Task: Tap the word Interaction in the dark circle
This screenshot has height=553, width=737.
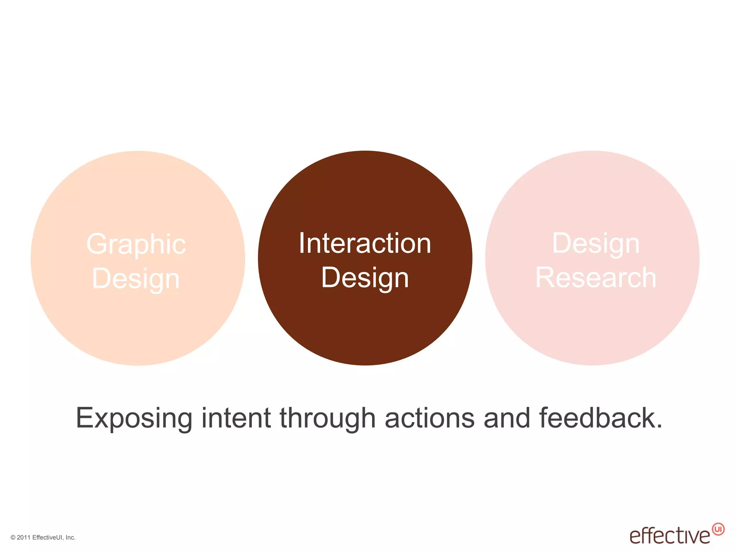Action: pyautogui.click(x=365, y=244)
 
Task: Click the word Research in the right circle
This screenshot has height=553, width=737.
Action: pyautogui.click(x=596, y=278)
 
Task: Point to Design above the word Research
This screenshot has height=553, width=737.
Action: pyautogui.click(x=596, y=244)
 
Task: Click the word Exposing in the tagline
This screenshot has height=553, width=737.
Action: pyautogui.click(x=134, y=418)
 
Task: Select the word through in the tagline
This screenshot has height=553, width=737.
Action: pyautogui.click(x=327, y=418)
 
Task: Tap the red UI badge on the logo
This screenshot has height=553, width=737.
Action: pyautogui.click(x=718, y=529)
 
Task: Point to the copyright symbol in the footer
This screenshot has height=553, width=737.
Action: pyautogui.click(x=13, y=538)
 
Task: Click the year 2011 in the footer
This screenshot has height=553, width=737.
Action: pyautogui.click(x=24, y=538)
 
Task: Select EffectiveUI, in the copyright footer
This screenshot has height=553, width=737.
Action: pyautogui.click(x=48, y=538)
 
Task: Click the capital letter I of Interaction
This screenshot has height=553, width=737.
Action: pyautogui.click(x=302, y=244)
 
